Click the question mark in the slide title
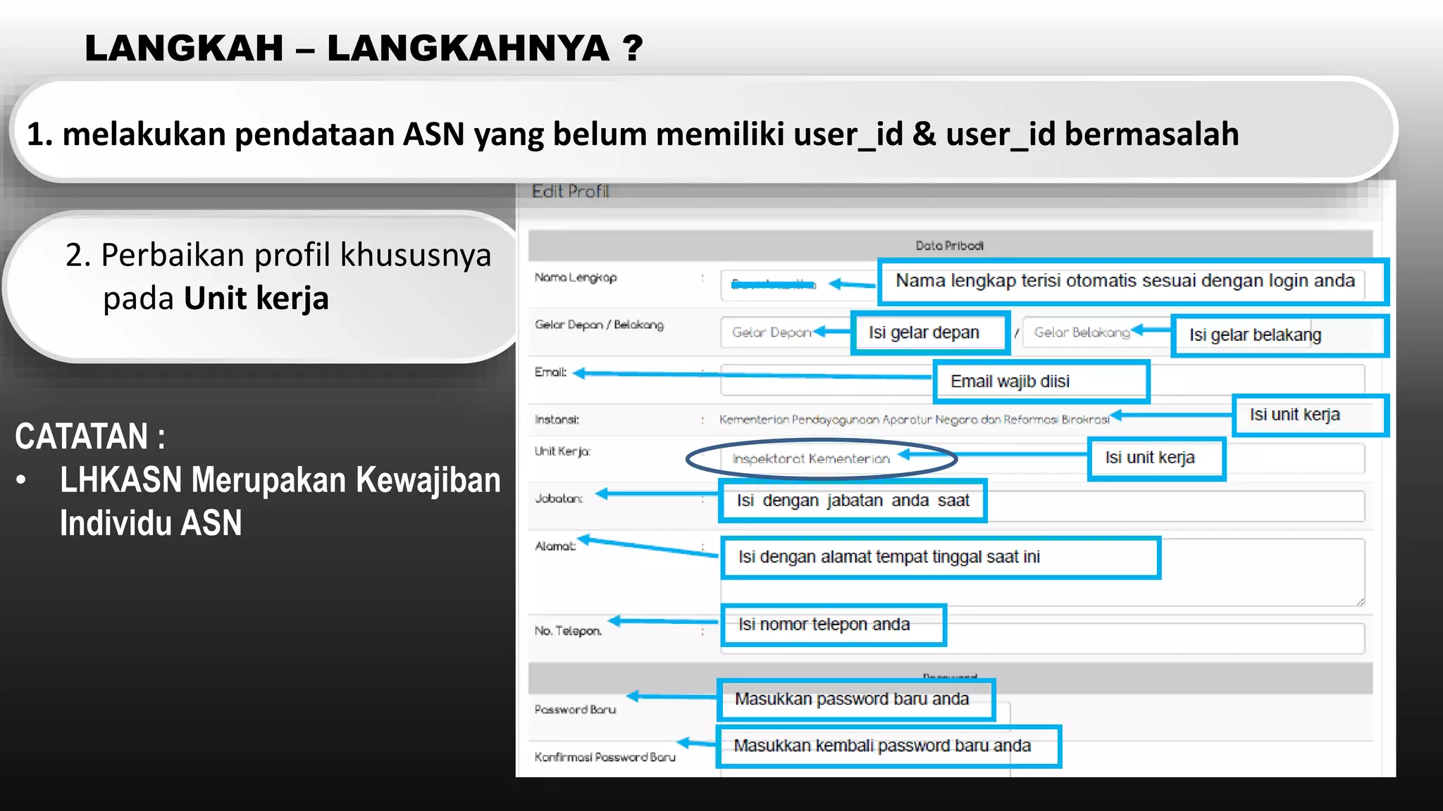(633, 49)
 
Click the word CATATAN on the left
(82, 436)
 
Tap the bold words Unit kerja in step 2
(256, 298)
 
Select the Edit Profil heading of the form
(570, 191)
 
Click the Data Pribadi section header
(949, 246)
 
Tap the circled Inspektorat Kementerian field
(811, 459)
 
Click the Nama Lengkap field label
(576, 277)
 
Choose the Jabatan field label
(559, 498)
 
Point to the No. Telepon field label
(568, 631)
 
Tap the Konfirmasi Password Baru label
(605, 757)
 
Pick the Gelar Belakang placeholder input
(1082, 332)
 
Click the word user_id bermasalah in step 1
(1092, 134)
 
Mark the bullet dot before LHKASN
(22, 481)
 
